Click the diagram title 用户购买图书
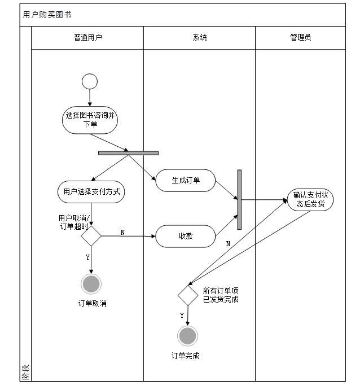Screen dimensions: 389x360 point(47,15)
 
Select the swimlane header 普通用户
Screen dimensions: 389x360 point(87,38)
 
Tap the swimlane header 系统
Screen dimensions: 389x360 point(200,38)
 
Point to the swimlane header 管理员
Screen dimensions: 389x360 point(300,38)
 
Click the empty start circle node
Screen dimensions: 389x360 point(90,82)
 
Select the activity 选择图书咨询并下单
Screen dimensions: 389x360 point(90,120)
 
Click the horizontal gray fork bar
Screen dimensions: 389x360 point(128,152)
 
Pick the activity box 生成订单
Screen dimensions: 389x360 point(186,181)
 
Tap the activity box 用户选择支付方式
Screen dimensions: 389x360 point(91,191)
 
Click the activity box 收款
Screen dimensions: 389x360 point(186,236)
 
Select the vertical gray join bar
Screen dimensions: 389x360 point(239,199)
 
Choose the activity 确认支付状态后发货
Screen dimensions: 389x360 point(310,199)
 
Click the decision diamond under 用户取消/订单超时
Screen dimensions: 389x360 point(91,236)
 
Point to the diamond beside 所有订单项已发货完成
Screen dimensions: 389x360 point(188,295)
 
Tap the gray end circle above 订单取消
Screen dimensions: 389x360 point(91,283)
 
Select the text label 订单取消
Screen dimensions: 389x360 point(92,303)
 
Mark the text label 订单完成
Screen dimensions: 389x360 point(185,356)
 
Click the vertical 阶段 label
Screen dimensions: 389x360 point(25,371)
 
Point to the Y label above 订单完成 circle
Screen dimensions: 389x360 point(182,315)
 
